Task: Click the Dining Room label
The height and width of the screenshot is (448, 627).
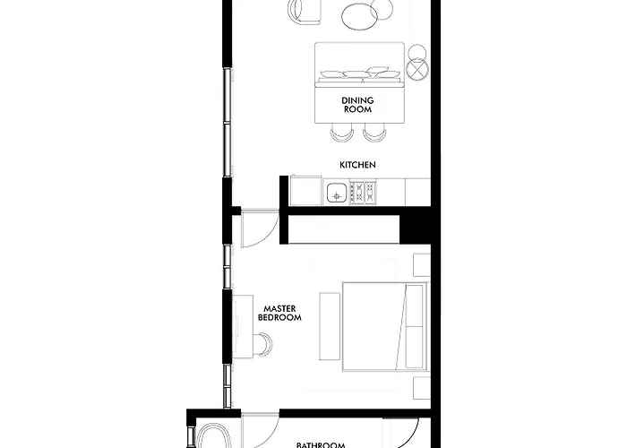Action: [x=357, y=105]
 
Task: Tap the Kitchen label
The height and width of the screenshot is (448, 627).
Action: [x=357, y=165]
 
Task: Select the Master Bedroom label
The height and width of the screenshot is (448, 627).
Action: [x=279, y=314]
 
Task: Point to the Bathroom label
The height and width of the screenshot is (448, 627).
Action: [x=321, y=444]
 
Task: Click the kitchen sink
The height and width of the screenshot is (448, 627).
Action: [x=337, y=193]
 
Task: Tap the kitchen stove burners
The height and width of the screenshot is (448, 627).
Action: [x=363, y=193]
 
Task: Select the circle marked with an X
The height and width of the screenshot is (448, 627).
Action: [x=417, y=69]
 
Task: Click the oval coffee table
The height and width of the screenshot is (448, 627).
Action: [x=359, y=16]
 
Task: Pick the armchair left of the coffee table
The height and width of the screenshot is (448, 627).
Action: [x=304, y=11]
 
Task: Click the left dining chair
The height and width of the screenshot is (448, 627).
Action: [x=342, y=132]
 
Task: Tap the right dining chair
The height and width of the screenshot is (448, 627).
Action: [x=374, y=132]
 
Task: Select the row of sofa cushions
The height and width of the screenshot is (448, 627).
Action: [x=360, y=73]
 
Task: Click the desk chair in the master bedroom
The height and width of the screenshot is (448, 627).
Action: [x=264, y=344]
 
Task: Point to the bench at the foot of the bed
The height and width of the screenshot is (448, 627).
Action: [x=330, y=326]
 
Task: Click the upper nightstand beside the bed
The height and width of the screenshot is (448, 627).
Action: [x=422, y=265]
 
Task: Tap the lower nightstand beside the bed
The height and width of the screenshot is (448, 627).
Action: [x=422, y=388]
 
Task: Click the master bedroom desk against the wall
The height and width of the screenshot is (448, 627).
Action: [x=243, y=326]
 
